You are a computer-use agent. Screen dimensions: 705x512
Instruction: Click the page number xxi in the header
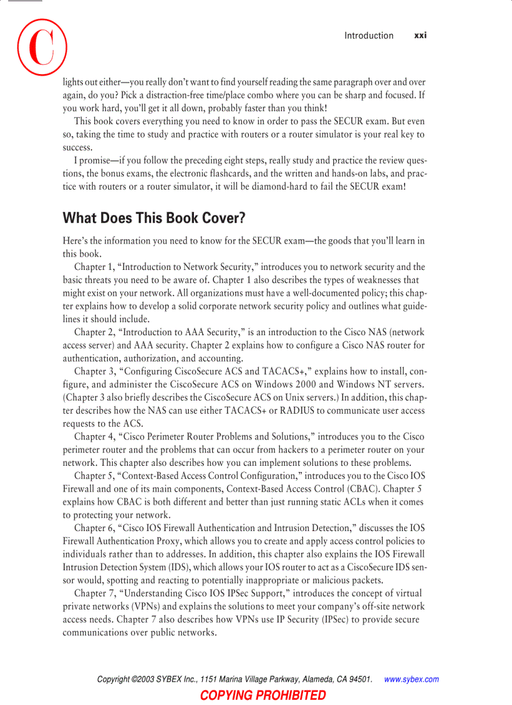click(420, 36)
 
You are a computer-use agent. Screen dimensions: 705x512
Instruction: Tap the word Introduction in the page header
click(369, 36)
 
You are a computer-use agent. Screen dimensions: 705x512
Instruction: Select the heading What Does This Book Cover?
click(154, 218)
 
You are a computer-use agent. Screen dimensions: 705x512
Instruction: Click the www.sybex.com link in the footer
click(411, 679)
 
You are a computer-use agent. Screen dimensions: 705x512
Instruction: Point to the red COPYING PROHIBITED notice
click(263, 695)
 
